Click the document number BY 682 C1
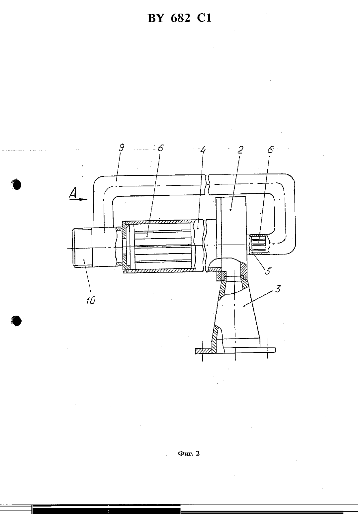[x=179, y=18]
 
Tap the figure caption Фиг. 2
[x=189, y=454]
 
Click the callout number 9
[x=121, y=148]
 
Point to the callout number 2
[x=240, y=150]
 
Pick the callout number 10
[x=91, y=300]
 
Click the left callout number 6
[x=160, y=148]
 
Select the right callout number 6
[x=270, y=150]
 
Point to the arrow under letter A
[x=79, y=199]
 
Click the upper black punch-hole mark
[x=16, y=185]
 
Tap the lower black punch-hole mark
[x=16, y=321]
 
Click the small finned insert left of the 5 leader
[x=259, y=244]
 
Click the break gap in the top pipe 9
[x=207, y=185]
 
